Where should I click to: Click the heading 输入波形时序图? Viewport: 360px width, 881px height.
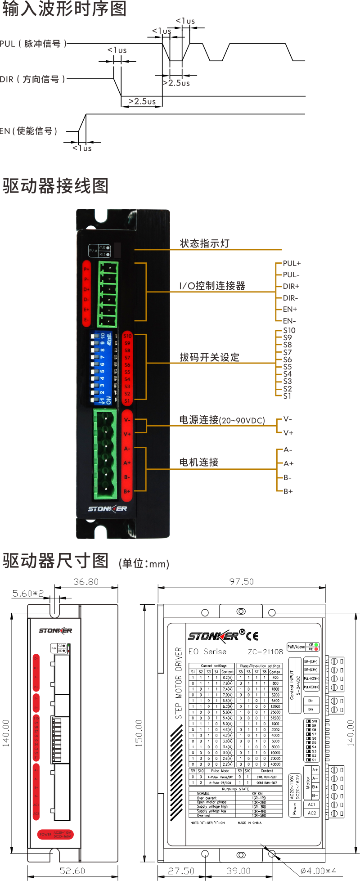point(64,9)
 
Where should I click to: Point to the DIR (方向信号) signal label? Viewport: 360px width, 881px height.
point(32,80)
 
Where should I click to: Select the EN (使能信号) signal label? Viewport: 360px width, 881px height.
point(29,131)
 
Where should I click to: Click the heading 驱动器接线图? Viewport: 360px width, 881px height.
point(55,186)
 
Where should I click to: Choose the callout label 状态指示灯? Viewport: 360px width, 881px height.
point(205,243)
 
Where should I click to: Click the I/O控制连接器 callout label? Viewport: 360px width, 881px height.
point(212,286)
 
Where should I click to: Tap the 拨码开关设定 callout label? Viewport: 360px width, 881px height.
point(210,358)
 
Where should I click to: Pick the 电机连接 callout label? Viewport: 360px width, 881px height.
point(199,462)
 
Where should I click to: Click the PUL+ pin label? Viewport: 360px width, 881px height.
point(292,263)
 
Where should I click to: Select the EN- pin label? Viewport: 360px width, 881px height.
point(289,321)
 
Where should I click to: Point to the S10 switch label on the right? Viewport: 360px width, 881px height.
point(289,330)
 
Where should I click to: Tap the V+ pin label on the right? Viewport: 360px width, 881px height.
point(288,433)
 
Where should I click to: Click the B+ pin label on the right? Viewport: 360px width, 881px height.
point(288,491)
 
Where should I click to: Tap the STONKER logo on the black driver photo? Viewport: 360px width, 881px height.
point(107,509)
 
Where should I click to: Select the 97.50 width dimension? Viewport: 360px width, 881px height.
point(241,582)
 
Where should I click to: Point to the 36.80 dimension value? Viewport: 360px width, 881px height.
point(86,582)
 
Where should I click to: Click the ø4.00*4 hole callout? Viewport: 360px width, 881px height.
point(318,871)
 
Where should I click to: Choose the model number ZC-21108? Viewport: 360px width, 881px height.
point(265,652)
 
